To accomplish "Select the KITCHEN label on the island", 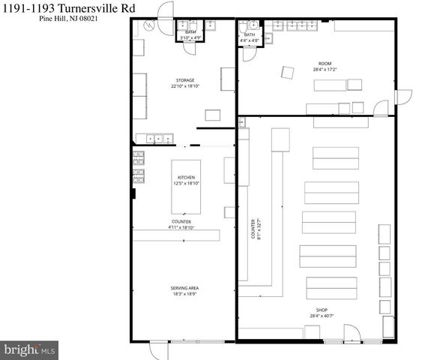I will (x=187, y=178).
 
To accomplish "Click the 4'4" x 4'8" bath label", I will (x=250, y=40).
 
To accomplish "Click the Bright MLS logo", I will (x=28, y=349).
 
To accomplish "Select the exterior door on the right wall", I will (x=403, y=97).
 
